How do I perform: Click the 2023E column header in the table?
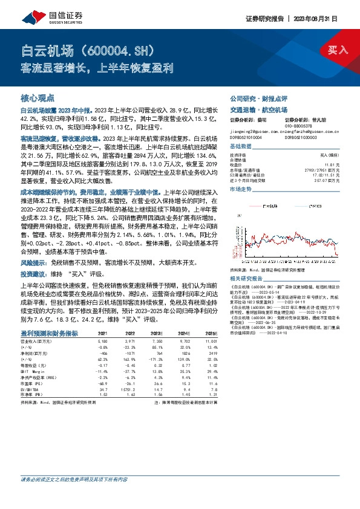tap(157, 333)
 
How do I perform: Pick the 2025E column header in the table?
tap(211, 333)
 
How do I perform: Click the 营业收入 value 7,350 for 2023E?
tap(157, 342)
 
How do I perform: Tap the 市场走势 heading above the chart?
tap(241, 189)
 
